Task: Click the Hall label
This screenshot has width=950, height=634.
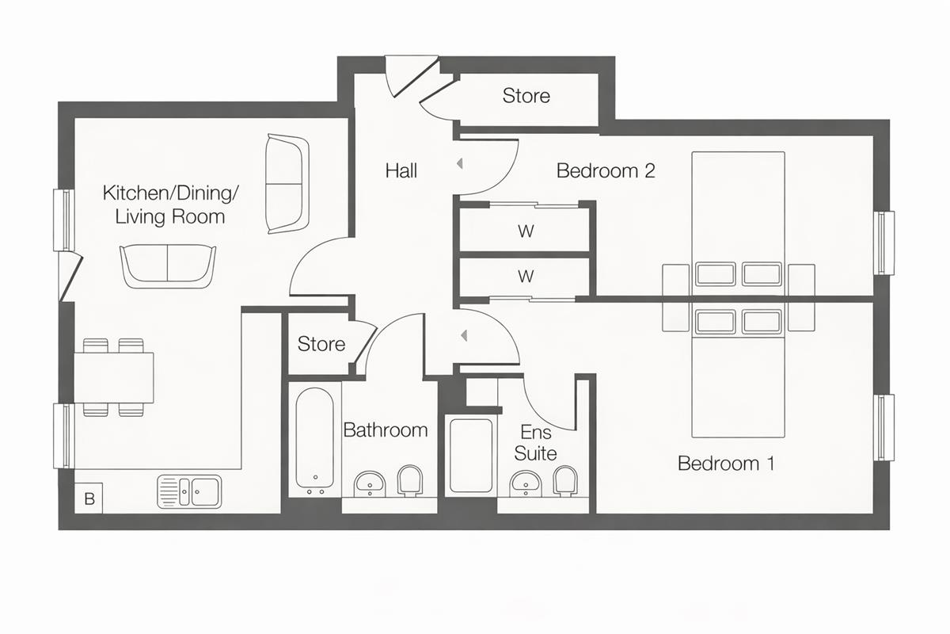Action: coord(401,170)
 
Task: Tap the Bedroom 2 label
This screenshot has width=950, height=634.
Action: coord(606,170)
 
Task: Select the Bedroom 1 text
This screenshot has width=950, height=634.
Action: coord(726,463)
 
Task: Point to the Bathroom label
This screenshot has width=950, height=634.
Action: coord(385,430)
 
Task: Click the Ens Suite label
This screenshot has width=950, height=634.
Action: coord(535,443)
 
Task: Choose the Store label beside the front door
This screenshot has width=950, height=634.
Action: coord(526,96)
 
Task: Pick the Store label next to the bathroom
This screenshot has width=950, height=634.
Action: coord(321,344)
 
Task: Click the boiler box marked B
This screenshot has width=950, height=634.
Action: coord(89,498)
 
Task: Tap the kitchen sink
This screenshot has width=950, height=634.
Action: coord(189,491)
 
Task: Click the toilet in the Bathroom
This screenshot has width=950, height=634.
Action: coord(410,481)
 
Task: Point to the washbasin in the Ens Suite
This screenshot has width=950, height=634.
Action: coord(526,483)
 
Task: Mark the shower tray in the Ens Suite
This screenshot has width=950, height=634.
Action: coord(471,455)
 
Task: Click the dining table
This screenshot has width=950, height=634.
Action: coord(114,377)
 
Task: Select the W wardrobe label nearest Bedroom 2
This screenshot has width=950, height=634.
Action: coord(526,231)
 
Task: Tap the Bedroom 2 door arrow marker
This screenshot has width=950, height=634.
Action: coord(459,163)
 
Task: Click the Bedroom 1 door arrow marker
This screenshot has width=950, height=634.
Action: coord(464,336)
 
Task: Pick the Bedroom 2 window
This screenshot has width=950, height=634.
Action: coord(883,243)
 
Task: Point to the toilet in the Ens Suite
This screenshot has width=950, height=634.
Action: coord(565,482)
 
